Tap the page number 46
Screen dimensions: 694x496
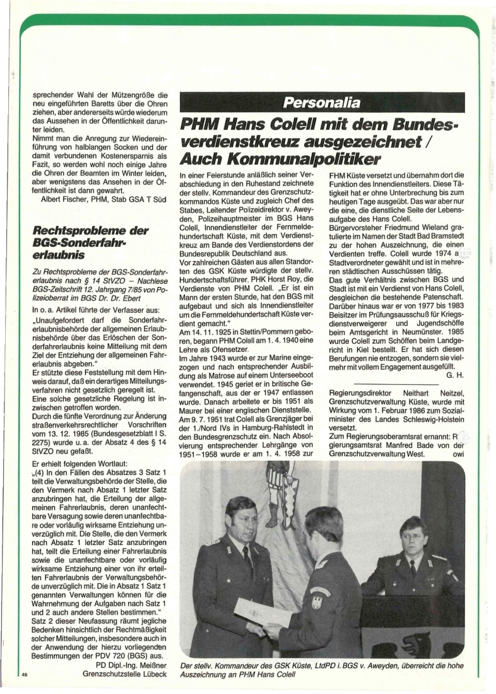click(25, 675)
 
